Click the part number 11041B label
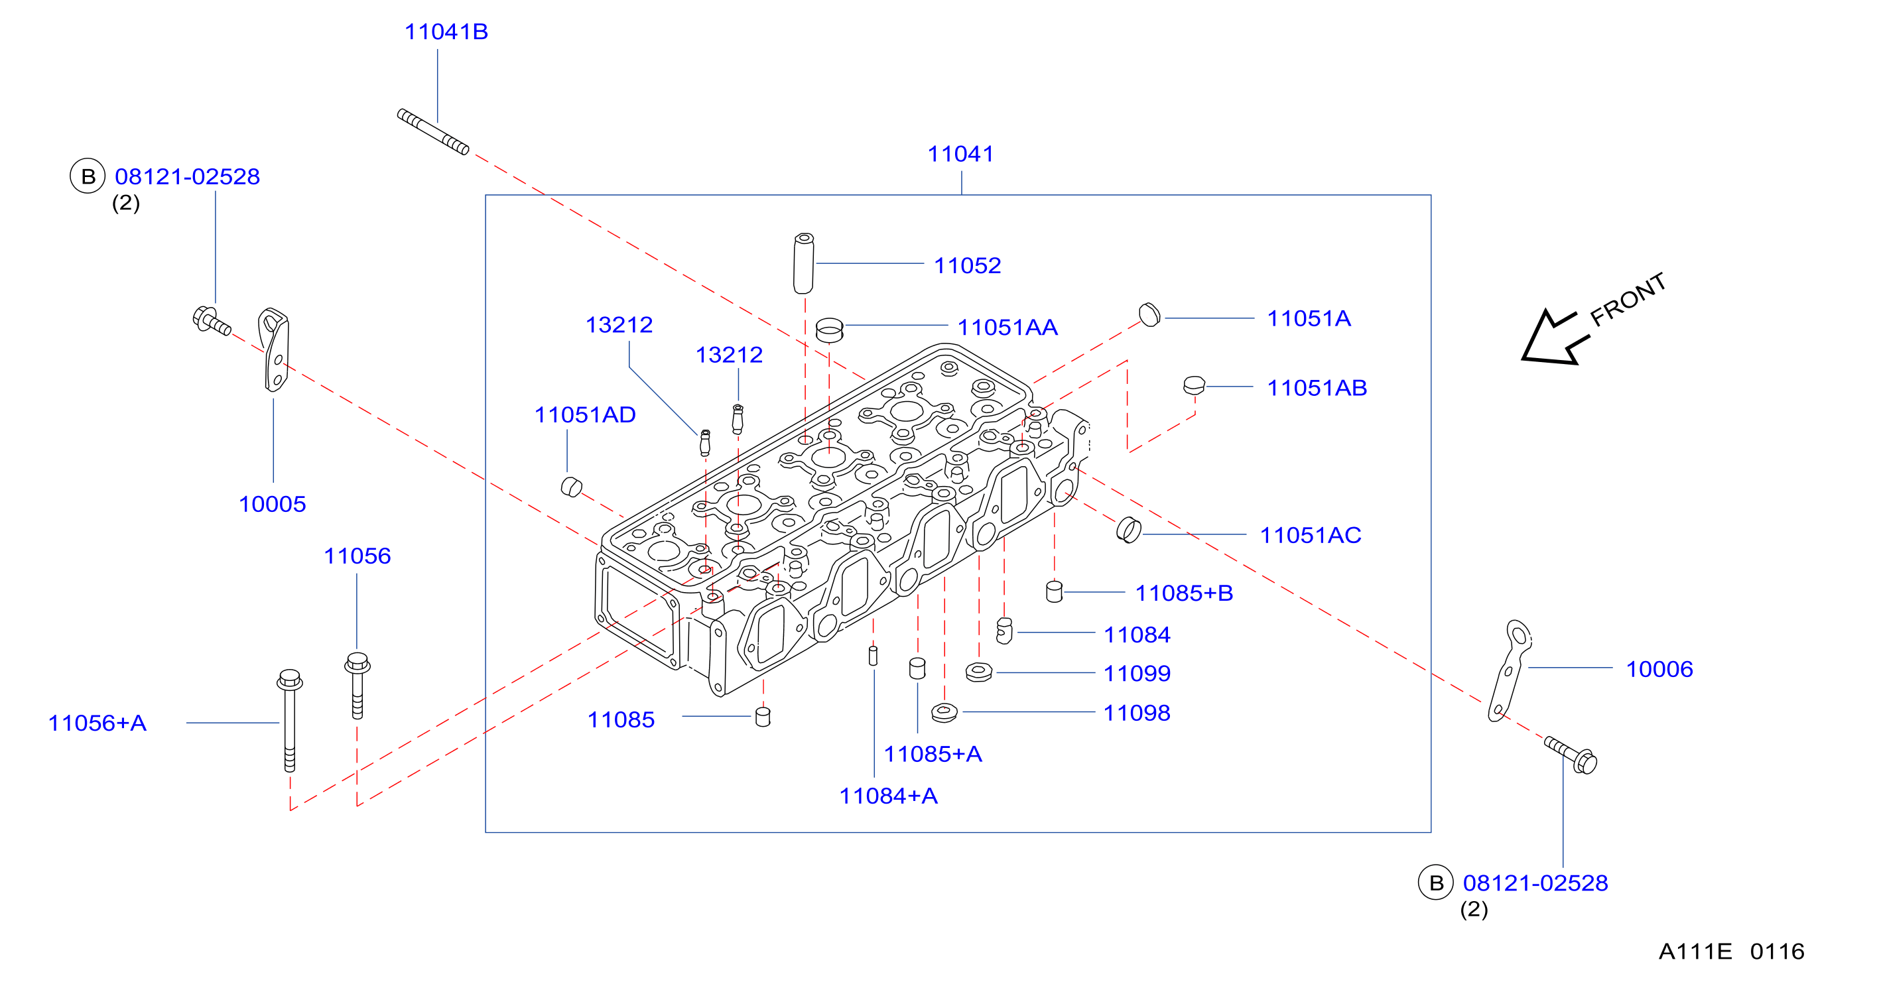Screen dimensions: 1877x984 pyautogui.click(x=446, y=32)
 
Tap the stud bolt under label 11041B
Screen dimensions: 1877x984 pyautogui.click(x=433, y=132)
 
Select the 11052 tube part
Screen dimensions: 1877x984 pyautogui.click(x=803, y=264)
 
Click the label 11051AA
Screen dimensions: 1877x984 pyautogui.click(x=1007, y=328)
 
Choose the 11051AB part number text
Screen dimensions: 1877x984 pyautogui.click(x=1317, y=388)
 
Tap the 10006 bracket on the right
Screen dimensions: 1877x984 pyautogui.click(x=1509, y=671)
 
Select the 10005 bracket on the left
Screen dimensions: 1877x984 pyautogui.click(x=274, y=349)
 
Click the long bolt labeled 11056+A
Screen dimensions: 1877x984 pyautogui.click(x=289, y=720)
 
